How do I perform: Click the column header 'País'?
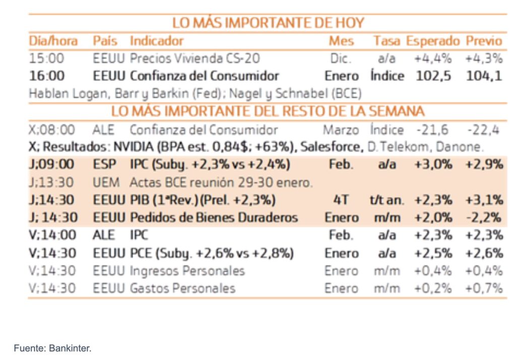pyautogui.click(x=105, y=41)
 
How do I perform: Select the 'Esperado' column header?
pyautogui.click(x=433, y=41)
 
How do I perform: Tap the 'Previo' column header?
pyautogui.click(x=484, y=41)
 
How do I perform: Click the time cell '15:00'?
pyautogui.click(x=46, y=58)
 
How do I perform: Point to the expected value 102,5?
pyautogui.click(x=433, y=76)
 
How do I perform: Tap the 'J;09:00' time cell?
pyautogui.click(x=52, y=165)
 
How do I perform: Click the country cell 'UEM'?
pyautogui.click(x=106, y=183)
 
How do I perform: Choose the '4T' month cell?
pyautogui.click(x=341, y=200)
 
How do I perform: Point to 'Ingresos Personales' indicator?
pyautogui.click(x=187, y=271)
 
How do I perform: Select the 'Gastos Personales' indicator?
pyautogui.click(x=182, y=288)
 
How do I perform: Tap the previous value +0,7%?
pyautogui.click(x=484, y=288)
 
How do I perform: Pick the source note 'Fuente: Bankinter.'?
pyautogui.click(x=52, y=348)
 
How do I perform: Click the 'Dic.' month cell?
pyautogui.click(x=341, y=58)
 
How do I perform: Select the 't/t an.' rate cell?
pyautogui.click(x=386, y=200)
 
